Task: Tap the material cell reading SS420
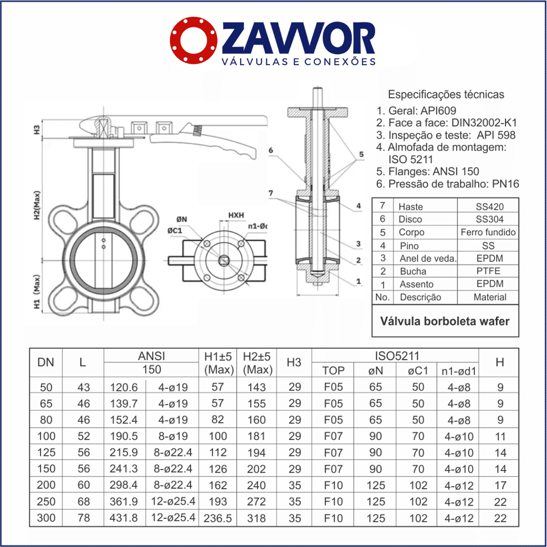click(x=489, y=206)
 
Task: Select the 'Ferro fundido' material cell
click(x=488, y=232)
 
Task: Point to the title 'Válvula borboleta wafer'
click(x=445, y=321)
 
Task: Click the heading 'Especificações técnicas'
click(x=446, y=94)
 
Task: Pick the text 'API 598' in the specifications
click(x=496, y=135)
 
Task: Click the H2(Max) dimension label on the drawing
click(x=37, y=205)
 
